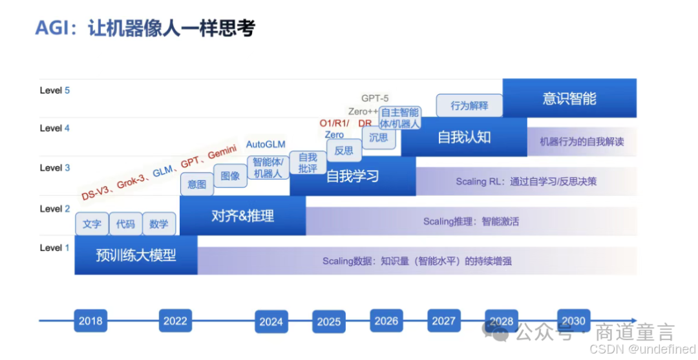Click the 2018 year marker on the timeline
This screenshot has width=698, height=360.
90,321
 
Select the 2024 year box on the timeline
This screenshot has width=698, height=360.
271,321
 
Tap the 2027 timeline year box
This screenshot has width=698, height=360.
444,321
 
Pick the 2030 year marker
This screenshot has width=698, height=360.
574,321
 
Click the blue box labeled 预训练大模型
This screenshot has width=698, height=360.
136,255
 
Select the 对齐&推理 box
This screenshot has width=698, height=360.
242,216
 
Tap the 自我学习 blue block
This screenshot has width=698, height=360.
352,176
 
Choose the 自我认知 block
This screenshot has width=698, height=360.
464,137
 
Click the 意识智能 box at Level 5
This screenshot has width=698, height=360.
569,98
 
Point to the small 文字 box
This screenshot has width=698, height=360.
92,224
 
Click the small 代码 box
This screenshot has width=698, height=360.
125,224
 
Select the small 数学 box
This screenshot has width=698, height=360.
159,224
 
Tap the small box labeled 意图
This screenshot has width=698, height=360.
196,184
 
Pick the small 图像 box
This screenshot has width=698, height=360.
230,175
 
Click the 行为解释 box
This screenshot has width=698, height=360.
469,105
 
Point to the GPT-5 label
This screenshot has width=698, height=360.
375,98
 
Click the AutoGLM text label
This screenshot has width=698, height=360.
266,144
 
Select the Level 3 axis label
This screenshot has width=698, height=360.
54,168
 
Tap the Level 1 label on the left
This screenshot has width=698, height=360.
54,248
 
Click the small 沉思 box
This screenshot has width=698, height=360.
378,137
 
